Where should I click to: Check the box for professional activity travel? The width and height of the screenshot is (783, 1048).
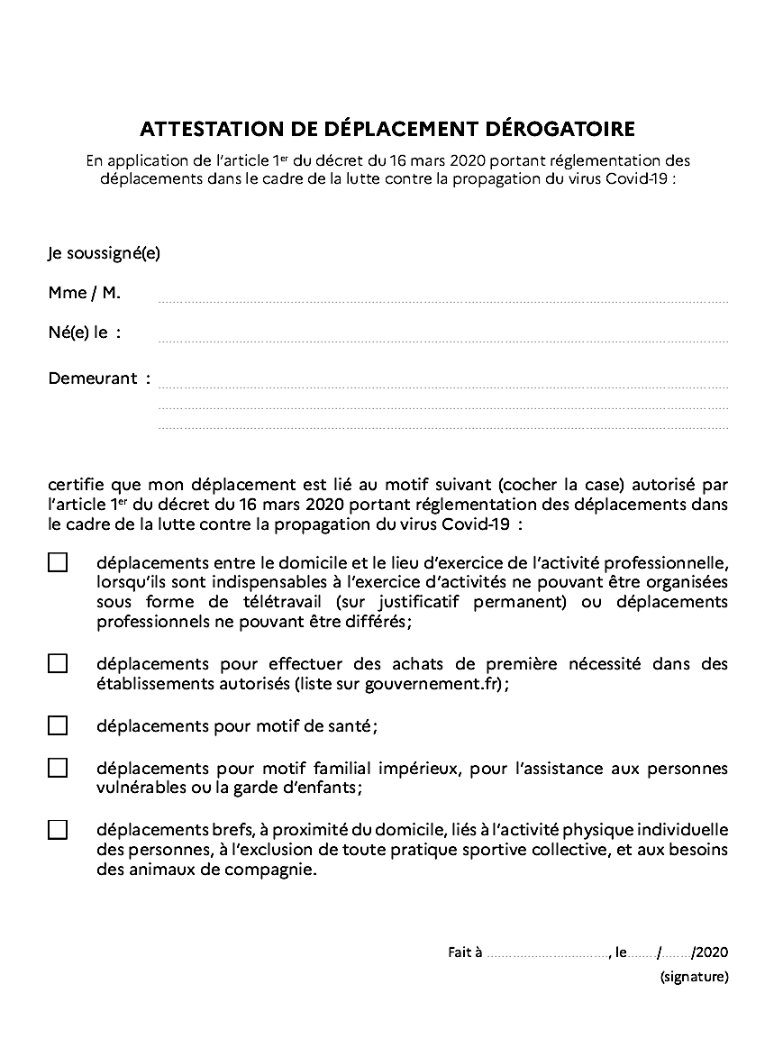[58, 562]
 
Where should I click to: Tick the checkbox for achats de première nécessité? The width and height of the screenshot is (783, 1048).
[58, 664]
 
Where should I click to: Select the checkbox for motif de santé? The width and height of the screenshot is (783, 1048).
[58, 725]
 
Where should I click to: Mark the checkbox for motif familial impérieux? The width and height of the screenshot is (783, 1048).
[58, 768]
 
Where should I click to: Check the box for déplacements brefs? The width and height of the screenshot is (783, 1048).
[58, 830]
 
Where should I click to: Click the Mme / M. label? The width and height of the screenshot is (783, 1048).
[84, 293]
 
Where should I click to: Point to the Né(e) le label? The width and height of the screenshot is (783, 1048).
[84, 333]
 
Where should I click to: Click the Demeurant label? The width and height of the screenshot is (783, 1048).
[92, 378]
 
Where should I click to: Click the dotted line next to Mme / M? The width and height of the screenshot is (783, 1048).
[442, 299]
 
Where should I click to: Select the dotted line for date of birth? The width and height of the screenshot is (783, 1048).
[442, 340]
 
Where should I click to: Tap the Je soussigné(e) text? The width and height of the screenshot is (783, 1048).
[104, 253]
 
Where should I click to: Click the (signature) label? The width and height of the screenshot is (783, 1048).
[694, 976]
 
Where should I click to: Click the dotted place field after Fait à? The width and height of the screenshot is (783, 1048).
[548, 953]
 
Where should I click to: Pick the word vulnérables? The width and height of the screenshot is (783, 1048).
[141, 788]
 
